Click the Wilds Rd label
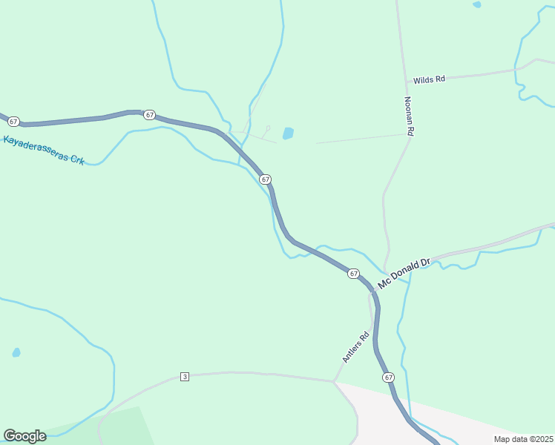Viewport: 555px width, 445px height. pyautogui.click(x=429, y=79)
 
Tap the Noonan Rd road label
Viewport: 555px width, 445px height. pyautogui.click(x=408, y=115)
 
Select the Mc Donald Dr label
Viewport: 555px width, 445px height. pyautogui.click(x=404, y=274)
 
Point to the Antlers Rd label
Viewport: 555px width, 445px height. pyautogui.click(x=355, y=346)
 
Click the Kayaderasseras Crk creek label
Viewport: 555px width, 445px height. pyautogui.click(x=44, y=149)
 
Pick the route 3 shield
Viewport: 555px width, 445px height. pyautogui.click(x=185, y=377)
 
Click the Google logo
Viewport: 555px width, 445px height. pyautogui.click(x=24, y=436)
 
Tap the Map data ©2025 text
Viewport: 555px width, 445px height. pyautogui.click(x=522, y=439)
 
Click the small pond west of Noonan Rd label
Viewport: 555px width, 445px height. pyautogui.click(x=288, y=133)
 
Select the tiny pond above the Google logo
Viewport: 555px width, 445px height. pyautogui.click(x=16, y=352)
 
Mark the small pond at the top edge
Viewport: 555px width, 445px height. pyautogui.click(x=476, y=4)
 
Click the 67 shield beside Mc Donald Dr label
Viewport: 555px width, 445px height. pyautogui.click(x=353, y=274)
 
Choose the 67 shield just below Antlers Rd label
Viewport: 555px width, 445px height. pyautogui.click(x=389, y=378)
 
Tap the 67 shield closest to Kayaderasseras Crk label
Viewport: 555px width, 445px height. pyautogui.click(x=14, y=120)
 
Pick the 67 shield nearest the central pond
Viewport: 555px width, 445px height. pyautogui.click(x=265, y=179)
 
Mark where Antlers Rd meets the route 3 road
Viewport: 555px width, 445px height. pyautogui.click(x=334, y=382)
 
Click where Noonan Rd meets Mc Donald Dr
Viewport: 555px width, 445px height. pyautogui.click(x=386, y=273)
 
